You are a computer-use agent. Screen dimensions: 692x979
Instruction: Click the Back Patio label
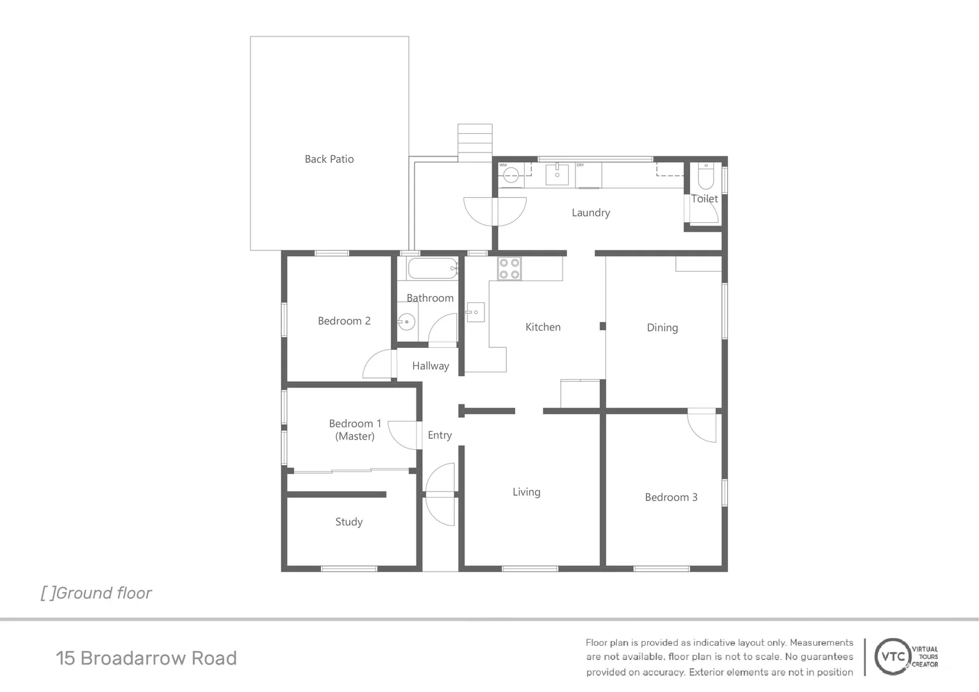[x=329, y=159]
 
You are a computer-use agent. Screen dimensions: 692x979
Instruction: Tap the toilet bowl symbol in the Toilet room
[x=705, y=176]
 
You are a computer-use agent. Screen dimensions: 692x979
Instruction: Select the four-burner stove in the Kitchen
[x=509, y=268]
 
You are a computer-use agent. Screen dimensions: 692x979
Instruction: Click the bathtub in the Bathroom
[x=432, y=268]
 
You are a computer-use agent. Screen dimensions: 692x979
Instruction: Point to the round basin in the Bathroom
[x=406, y=322]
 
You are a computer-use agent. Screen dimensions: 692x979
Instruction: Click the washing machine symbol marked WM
[x=511, y=174]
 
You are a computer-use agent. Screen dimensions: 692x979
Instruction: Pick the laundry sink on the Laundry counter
[x=557, y=174]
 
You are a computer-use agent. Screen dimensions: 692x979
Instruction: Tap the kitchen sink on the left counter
[x=475, y=312]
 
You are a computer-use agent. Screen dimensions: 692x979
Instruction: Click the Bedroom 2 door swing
[x=379, y=366]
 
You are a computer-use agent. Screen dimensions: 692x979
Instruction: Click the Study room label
[x=349, y=522]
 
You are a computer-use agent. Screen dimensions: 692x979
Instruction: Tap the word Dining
[x=662, y=327]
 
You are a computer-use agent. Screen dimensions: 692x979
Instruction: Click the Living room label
[x=526, y=492]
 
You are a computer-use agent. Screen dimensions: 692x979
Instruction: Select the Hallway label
[x=430, y=366]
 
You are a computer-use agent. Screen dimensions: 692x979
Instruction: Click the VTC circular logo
[x=893, y=656]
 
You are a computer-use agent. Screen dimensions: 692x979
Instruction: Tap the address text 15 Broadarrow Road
[x=146, y=658]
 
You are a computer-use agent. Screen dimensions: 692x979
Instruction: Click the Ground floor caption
[x=96, y=593]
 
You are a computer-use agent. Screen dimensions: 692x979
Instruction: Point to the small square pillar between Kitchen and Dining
[x=602, y=326]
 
